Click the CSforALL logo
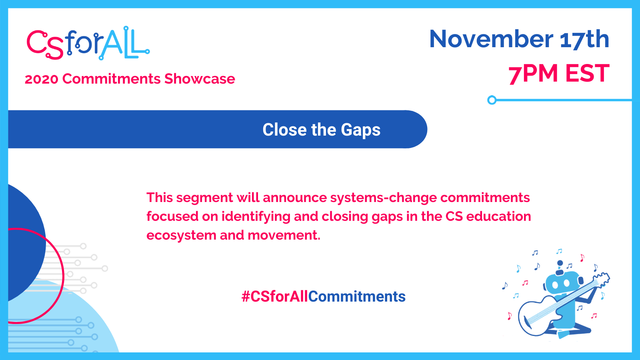pos(88,43)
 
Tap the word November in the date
pos(491,39)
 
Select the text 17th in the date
pos(584,39)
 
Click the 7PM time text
pos(533,74)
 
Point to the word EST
pos(588,74)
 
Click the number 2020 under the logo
pos(42,79)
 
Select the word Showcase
pos(200,79)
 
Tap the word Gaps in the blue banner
pos(360,130)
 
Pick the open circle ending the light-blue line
pos(492,100)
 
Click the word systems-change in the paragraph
pos(384,198)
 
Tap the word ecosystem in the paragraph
pos(182,236)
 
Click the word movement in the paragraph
pos(284,236)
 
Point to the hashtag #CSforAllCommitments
pos(324,296)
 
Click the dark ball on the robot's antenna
pos(560,263)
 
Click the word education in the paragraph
pos(498,216)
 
